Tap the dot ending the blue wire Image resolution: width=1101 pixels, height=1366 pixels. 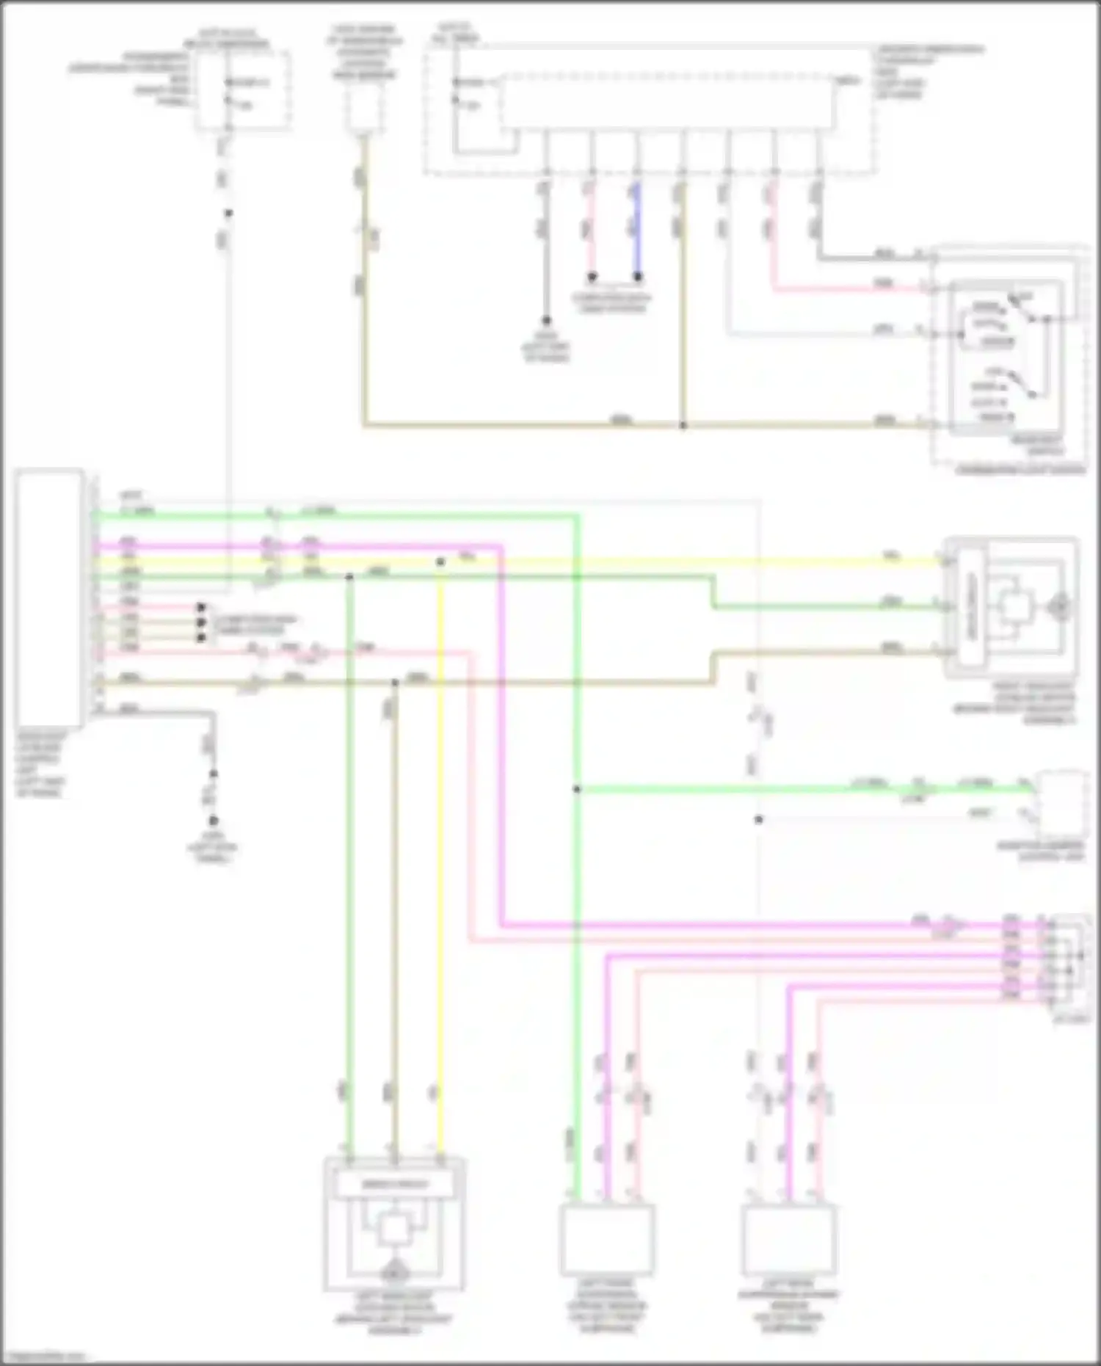coord(638,277)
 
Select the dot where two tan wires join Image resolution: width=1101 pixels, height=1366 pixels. coord(683,425)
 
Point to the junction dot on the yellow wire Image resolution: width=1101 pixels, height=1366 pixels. coord(440,562)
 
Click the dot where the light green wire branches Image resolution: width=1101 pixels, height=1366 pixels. coord(577,789)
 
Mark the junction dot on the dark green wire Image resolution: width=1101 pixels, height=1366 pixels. coord(349,577)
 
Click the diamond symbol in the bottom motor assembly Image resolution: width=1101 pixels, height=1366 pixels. coord(394,1268)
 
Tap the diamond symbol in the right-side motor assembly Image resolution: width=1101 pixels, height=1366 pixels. coord(1059,606)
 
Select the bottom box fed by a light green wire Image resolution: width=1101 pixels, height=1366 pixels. coord(607,1240)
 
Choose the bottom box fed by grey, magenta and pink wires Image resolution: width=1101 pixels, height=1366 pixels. coord(788,1240)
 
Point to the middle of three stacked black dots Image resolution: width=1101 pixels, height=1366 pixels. coord(201,622)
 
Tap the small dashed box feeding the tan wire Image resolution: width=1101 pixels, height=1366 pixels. coord(363,110)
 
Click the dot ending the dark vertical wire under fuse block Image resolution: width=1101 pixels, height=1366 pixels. coord(546,321)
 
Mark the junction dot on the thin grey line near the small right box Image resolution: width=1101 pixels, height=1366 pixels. coord(758,819)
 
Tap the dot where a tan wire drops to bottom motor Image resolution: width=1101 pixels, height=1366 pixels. coord(394,683)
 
